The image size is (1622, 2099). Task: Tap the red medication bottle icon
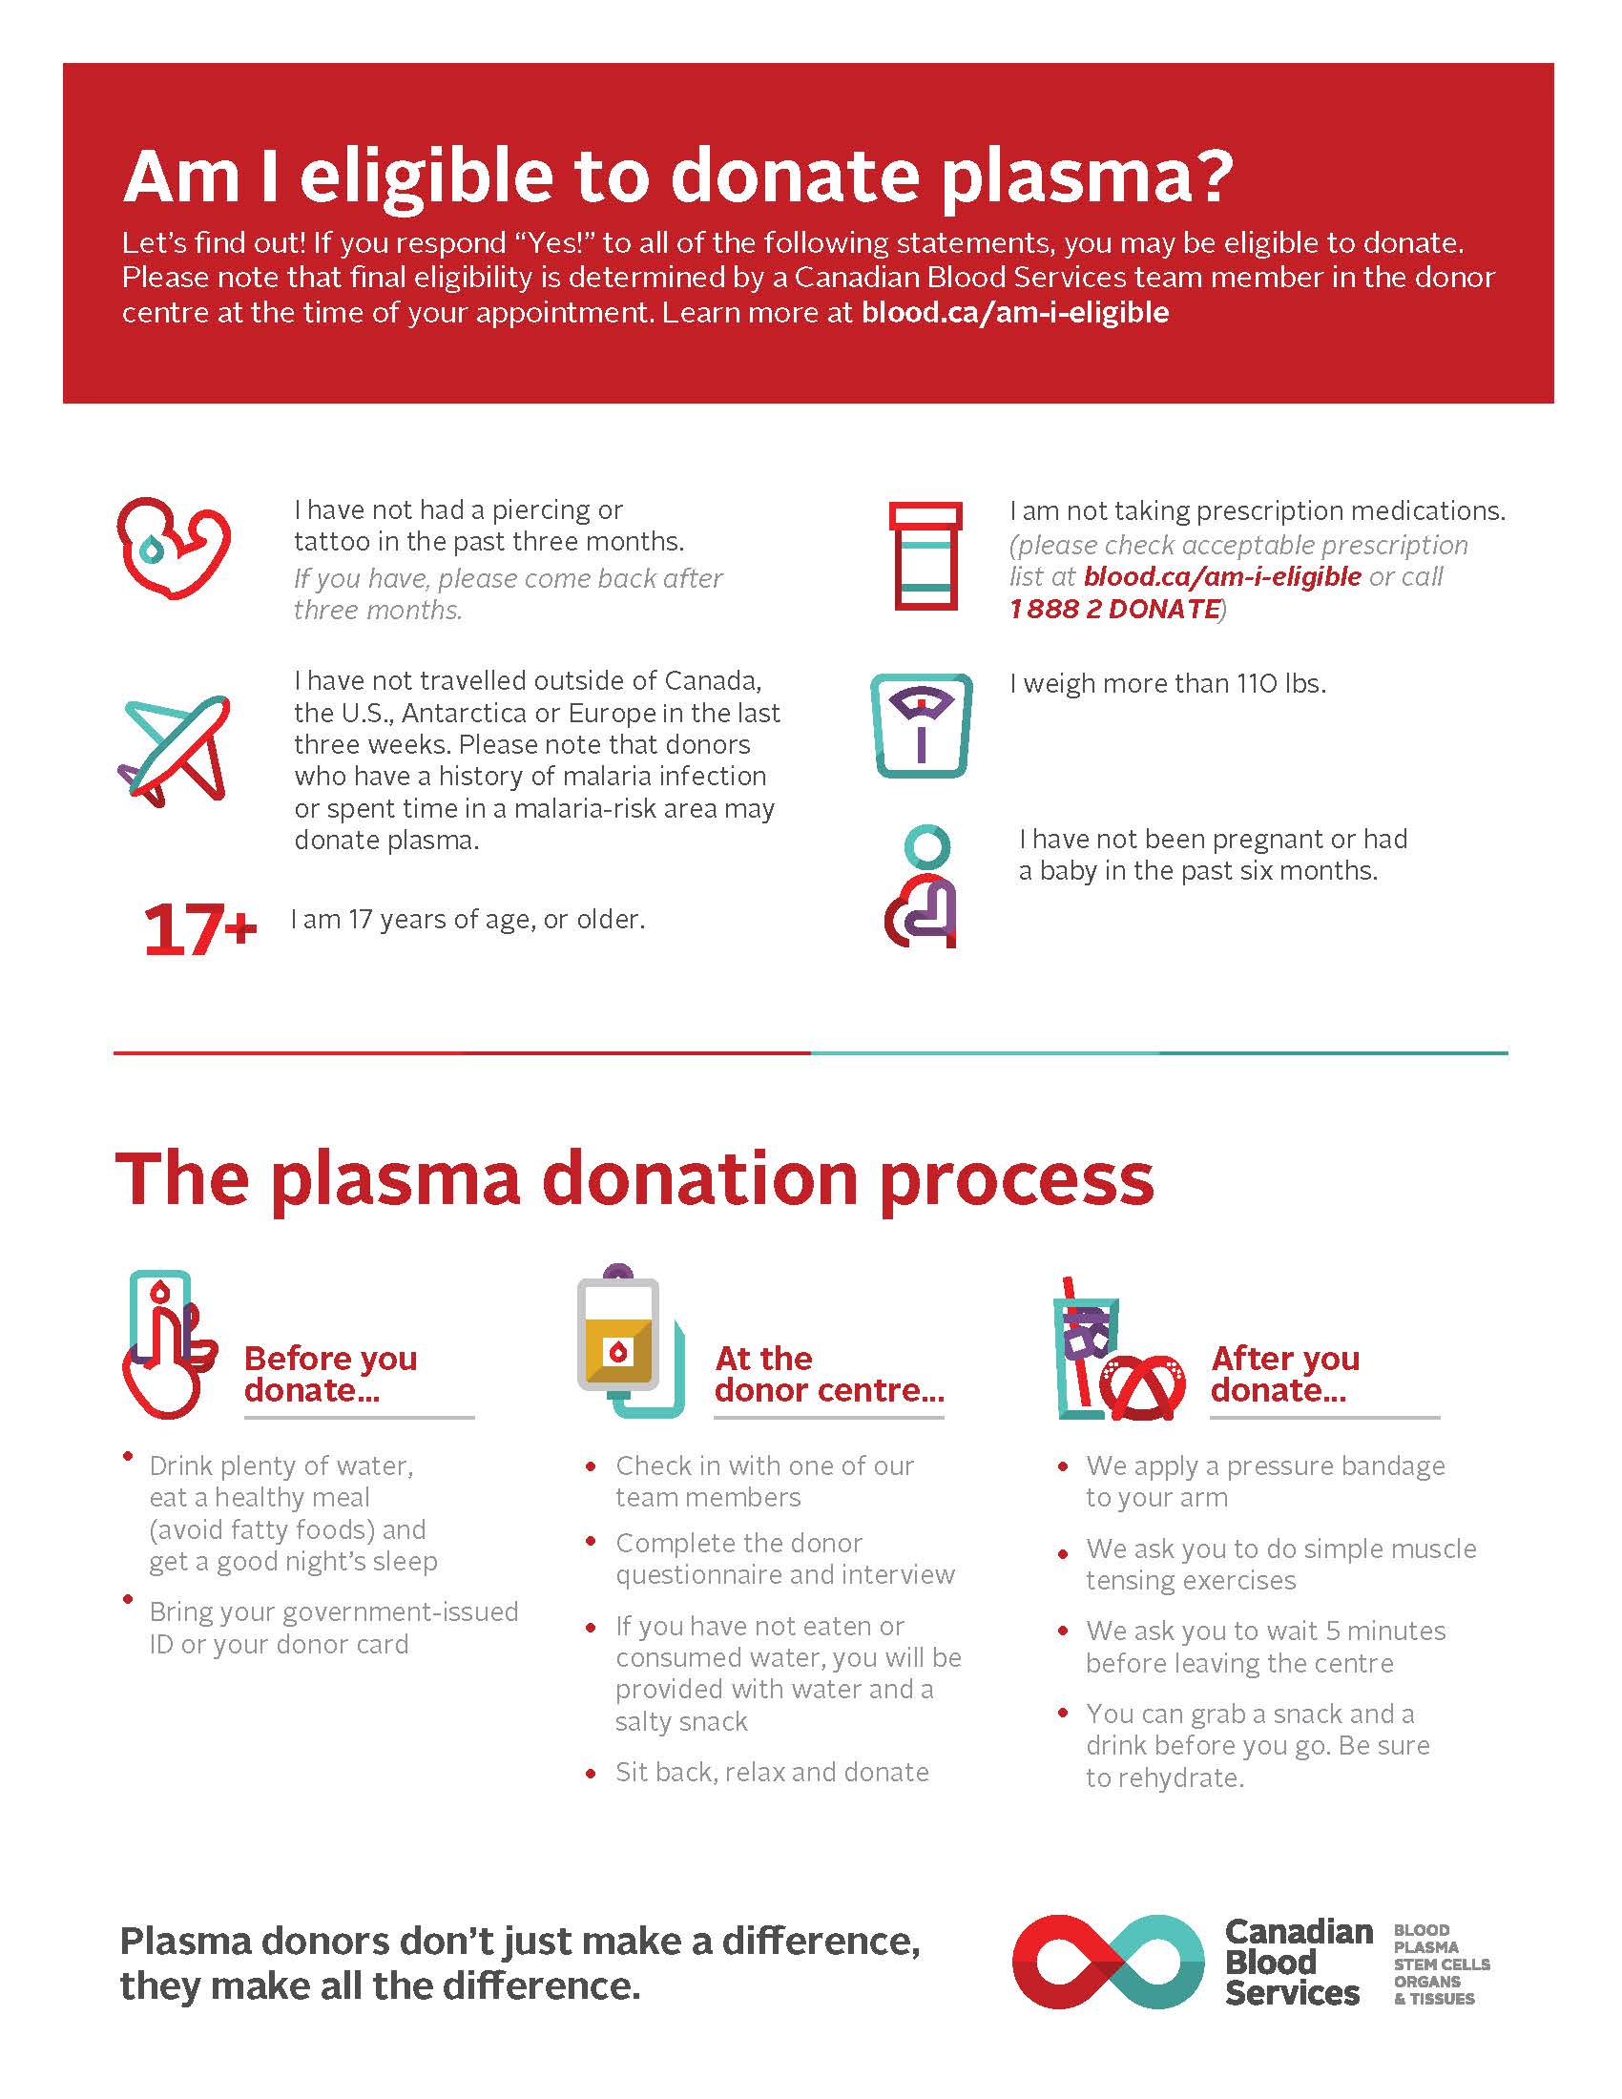click(925, 555)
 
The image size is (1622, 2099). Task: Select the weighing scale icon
click(922, 726)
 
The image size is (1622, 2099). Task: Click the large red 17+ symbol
click(199, 929)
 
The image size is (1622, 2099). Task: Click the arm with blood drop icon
click(174, 548)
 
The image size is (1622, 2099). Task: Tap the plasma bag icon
click(631, 1341)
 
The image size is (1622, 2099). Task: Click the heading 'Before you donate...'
click(330, 1374)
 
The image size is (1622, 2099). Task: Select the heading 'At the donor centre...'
click(829, 1374)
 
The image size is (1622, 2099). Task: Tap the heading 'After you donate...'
click(1285, 1374)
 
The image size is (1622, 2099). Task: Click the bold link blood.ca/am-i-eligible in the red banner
click(1015, 312)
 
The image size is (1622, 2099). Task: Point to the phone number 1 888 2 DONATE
click(1114, 610)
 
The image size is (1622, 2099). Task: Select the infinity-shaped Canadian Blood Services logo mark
click(1108, 1962)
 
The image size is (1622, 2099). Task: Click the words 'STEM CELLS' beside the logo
click(1442, 1964)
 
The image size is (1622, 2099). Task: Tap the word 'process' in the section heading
click(1017, 1181)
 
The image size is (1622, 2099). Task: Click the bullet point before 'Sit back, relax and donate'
click(591, 1775)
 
